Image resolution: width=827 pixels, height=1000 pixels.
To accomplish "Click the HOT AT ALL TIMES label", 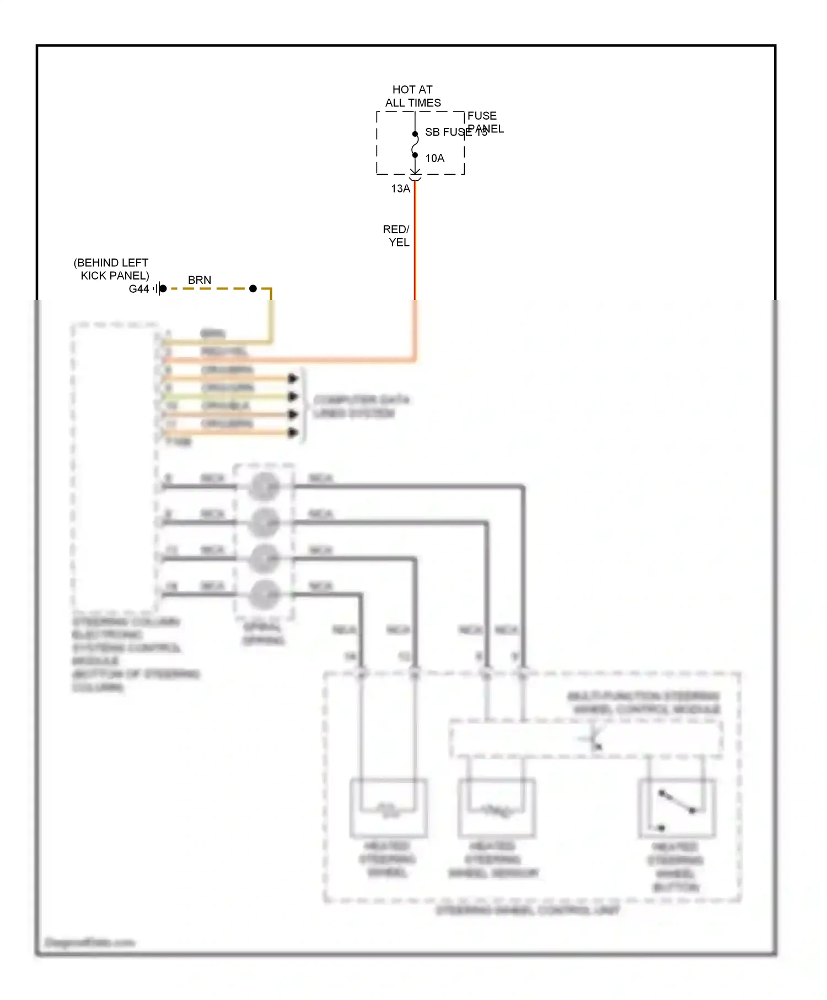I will point(412,96).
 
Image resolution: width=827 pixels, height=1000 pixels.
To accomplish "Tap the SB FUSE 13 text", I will point(455,132).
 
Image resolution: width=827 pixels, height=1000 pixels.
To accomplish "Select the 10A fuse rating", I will point(434,158).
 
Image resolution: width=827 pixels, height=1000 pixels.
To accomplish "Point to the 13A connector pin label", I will point(400,189).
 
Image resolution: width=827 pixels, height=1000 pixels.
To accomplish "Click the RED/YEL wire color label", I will point(396,235).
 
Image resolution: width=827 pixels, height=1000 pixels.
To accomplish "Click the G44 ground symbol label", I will point(139,289).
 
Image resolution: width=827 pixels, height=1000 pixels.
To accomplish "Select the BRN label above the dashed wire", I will point(200,280).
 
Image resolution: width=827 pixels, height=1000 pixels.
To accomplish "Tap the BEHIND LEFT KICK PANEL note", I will point(112,269).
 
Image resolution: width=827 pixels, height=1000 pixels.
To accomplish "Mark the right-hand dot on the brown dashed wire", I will point(253,288).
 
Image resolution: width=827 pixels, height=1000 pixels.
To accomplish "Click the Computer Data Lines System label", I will point(361,406).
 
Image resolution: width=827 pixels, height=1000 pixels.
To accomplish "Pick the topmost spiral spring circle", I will point(264,486).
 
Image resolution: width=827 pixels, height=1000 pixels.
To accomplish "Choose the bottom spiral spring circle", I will point(264,594).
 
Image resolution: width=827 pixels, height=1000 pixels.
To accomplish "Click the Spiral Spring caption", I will point(263,634).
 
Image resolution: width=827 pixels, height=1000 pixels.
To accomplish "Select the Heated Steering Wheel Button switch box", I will point(677,808).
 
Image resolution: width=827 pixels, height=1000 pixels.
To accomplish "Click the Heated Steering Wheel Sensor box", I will point(496,808).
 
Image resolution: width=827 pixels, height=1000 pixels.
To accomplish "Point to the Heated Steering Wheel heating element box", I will point(389,808).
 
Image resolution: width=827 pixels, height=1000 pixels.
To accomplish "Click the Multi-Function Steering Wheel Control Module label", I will point(644,703).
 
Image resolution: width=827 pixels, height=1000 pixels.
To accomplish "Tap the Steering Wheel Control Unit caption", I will point(528,911).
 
